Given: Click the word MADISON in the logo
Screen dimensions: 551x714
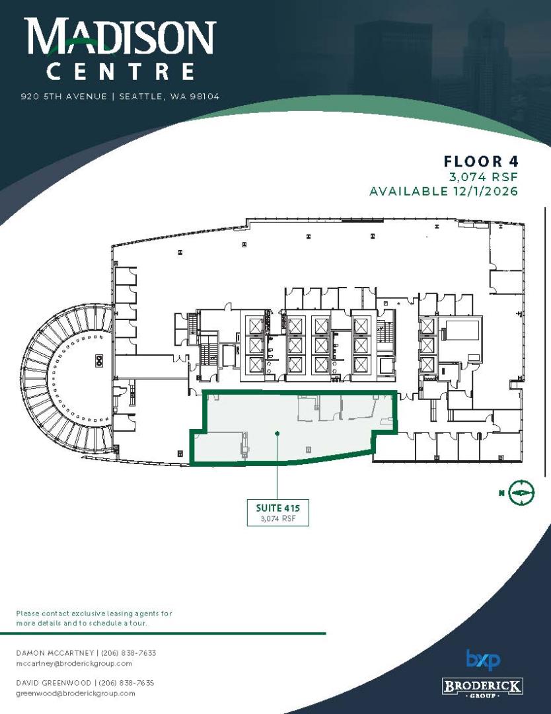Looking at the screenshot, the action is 120,36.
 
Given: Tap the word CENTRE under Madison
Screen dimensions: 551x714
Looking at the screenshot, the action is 121,72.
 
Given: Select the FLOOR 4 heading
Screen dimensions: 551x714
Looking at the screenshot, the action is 481,161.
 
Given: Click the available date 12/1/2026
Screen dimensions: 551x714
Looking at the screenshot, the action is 486,191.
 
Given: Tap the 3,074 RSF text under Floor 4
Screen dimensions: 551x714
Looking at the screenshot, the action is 484,177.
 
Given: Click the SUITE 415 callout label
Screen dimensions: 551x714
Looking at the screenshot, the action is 278,513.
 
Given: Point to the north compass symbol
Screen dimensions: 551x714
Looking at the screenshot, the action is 521,493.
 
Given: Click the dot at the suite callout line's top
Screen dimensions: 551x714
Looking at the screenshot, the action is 277,433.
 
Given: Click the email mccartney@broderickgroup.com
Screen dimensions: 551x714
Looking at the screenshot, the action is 74,664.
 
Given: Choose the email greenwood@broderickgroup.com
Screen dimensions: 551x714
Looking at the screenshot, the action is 75,694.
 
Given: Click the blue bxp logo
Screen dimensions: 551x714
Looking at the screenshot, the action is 483,660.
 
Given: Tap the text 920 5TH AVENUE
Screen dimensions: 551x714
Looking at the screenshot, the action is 64,97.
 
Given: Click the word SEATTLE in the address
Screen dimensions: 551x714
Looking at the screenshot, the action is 140,97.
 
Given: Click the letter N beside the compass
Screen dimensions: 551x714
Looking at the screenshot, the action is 501,493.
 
